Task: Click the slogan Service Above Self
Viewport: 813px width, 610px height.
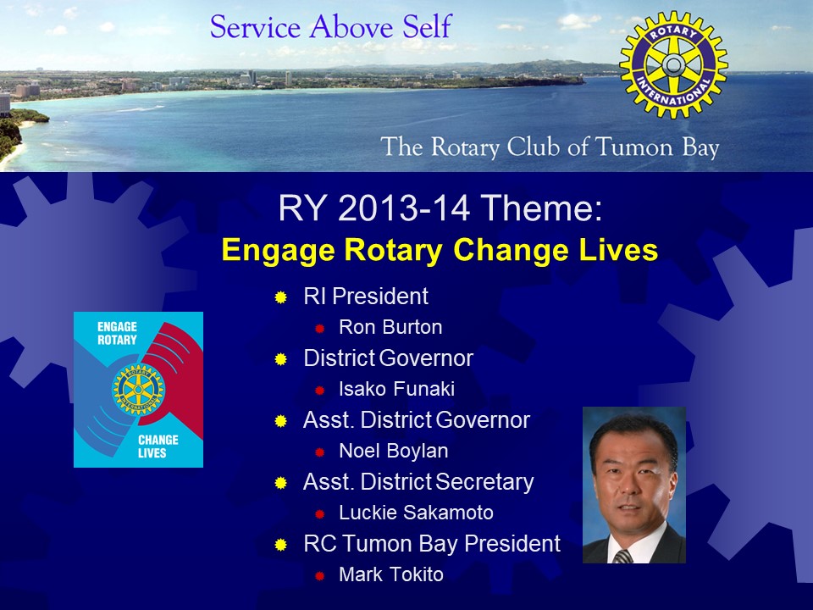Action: pos(331,27)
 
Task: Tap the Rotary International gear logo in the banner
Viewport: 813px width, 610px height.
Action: pos(673,65)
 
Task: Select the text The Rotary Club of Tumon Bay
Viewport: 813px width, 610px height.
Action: pos(550,147)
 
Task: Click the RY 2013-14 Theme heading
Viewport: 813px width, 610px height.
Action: pos(440,208)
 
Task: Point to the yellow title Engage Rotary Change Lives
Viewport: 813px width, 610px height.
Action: pos(440,251)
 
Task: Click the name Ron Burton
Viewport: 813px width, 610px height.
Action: pos(390,327)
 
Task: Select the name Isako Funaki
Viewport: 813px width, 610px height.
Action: pos(396,389)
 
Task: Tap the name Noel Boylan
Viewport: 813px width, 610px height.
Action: pos(394,451)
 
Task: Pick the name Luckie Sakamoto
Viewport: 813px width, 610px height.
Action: pos(416,513)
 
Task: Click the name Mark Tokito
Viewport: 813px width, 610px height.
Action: pos(391,574)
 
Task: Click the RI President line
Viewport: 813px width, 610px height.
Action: pos(366,297)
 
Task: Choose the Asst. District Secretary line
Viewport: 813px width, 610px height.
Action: pos(418,482)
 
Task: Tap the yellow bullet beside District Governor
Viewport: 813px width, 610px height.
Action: pos(281,359)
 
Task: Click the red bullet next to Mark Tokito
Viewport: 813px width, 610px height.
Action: pos(319,576)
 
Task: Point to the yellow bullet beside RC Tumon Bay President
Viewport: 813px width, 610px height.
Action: pos(281,545)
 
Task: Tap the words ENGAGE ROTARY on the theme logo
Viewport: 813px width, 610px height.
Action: pos(117,333)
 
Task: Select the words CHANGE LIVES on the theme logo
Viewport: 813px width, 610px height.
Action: pos(158,446)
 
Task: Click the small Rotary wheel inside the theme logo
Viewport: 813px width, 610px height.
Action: pos(138,390)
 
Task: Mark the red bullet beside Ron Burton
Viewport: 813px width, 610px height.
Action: pos(319,329)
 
